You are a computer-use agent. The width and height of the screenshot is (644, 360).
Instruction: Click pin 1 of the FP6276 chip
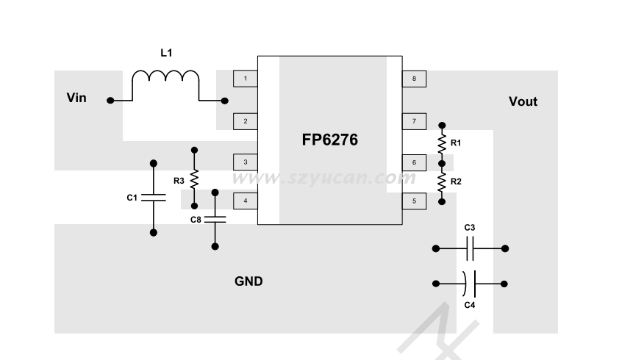pyautogui.click(x=245, y=78)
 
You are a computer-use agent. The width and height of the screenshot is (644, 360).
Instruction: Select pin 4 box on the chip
pyautogui.click(x=245, y=200)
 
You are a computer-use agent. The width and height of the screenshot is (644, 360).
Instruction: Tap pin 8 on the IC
pyautogui.click(x=414, y=78)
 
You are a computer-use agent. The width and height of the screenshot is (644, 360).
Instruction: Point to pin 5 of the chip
pyautogui.click(x=414, y=200)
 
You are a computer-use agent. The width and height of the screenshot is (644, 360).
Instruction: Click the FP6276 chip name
pyautogui.click(x=329, y=140)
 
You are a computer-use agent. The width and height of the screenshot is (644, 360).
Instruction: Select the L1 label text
pyautogui.click(x=167, y=53)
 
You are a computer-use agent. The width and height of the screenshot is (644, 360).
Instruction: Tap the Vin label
pyautogui.click(x=76, y=98)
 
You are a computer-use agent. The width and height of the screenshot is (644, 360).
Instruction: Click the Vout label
pyautogui.click(x=523, y=101)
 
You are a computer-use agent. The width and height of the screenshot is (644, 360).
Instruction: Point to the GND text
pyautogui.click(x=248, y=281)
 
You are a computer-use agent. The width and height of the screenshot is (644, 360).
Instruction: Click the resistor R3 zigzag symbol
pyautogui.click(x=195, y=179)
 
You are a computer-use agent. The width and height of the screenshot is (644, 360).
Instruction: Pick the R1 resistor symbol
pyautogui.click(x=442, y=142)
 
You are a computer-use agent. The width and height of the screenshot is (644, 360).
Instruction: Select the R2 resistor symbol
pyautogui.click(x=442, y=181)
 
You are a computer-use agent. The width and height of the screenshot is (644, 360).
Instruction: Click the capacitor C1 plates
pyautogui.click(x=153, y=198)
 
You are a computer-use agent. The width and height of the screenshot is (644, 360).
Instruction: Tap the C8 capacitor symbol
pyautogui.click(x=215, y=219)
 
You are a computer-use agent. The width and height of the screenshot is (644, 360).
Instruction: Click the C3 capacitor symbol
pyautogui.click(x=471, y=249)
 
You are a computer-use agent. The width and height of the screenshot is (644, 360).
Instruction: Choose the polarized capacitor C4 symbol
pyautogui.click(x=471, y=283)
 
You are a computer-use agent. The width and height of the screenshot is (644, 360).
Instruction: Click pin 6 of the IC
pyautogui.click(x=414, y=162)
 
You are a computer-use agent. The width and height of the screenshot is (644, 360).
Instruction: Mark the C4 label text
pyautogui.click(x=470, y=304)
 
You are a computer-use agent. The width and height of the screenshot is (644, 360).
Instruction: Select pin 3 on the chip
pyautogui.click(x=245, y=162)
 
